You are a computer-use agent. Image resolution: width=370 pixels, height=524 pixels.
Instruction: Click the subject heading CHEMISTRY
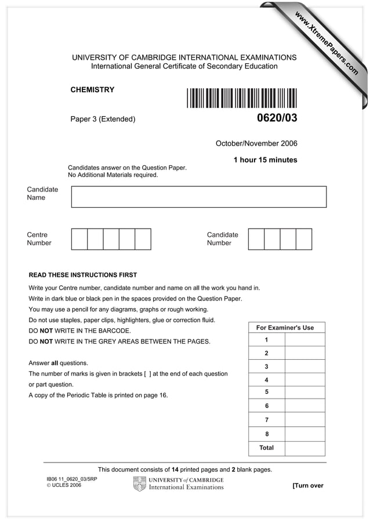click(92, 90)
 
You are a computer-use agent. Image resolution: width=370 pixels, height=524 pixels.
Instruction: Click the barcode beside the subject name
click(242, 97)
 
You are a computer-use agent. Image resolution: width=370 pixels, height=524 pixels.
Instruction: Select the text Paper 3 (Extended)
click(103, 120)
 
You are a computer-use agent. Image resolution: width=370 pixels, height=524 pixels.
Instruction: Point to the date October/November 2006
click(256, 143)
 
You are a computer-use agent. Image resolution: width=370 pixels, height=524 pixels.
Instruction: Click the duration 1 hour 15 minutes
click(265, 160)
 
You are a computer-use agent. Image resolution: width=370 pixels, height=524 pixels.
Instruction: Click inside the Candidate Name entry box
click(198, 197)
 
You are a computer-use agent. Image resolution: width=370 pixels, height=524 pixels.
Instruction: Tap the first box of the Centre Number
click(79, 239)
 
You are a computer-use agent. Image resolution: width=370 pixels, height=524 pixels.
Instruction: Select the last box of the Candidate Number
click(304, 239)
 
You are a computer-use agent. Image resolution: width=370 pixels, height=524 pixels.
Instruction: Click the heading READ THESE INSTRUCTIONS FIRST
click(83, 275)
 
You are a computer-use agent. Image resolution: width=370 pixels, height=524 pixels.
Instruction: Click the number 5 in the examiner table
click(266, 392)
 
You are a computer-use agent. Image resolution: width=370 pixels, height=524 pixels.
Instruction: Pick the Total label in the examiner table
click(266, 448)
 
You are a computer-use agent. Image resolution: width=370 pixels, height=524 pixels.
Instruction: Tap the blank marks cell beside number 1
click(305, 340)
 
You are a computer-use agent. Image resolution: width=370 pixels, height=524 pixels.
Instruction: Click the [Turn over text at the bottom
click(308, 486)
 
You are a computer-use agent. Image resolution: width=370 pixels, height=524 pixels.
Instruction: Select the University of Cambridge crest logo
click(139, 483)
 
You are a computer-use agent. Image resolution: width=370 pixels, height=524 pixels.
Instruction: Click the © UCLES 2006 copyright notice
click(64, 485)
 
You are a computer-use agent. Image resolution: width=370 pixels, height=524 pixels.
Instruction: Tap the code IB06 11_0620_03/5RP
click(71, 479)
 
